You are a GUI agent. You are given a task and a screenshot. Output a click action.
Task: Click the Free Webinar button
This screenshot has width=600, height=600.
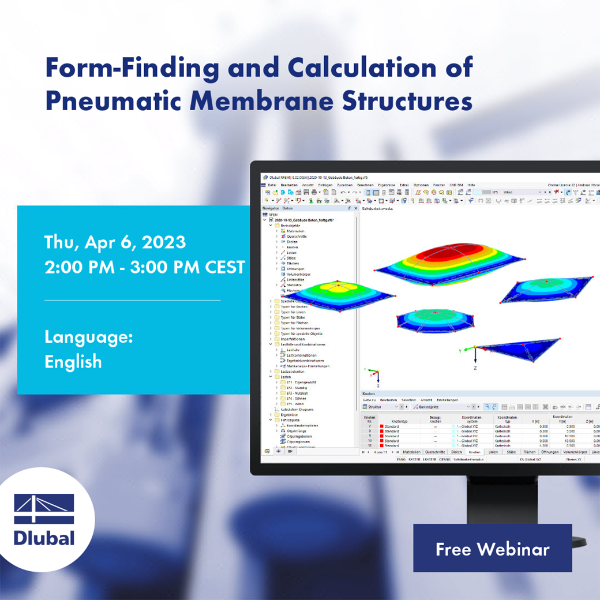[492, 548]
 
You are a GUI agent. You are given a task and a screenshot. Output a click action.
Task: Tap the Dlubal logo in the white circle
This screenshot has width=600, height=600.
[44, 519]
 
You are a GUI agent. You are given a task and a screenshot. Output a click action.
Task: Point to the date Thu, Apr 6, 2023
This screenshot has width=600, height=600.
[115, 242]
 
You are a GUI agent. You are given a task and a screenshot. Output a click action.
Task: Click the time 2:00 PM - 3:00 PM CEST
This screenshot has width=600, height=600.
[145, 267]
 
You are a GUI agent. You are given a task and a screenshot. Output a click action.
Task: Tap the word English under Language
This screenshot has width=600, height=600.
[73, 362]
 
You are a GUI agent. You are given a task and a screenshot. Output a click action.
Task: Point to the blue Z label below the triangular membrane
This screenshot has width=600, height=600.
[475, 367]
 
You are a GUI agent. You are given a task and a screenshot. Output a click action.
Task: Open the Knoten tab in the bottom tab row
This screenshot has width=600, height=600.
[474, 452]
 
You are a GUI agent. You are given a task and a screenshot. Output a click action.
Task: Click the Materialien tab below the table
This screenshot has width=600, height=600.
[411, 452]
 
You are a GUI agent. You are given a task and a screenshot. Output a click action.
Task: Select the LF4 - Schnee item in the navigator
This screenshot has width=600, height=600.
[297, 399]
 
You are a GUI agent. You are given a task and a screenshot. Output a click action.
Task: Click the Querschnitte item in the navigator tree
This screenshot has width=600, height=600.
[297, 237]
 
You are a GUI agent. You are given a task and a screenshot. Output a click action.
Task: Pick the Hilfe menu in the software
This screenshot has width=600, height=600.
[471, 185]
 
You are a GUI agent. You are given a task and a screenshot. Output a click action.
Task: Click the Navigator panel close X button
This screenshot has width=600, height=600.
[355, 208]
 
